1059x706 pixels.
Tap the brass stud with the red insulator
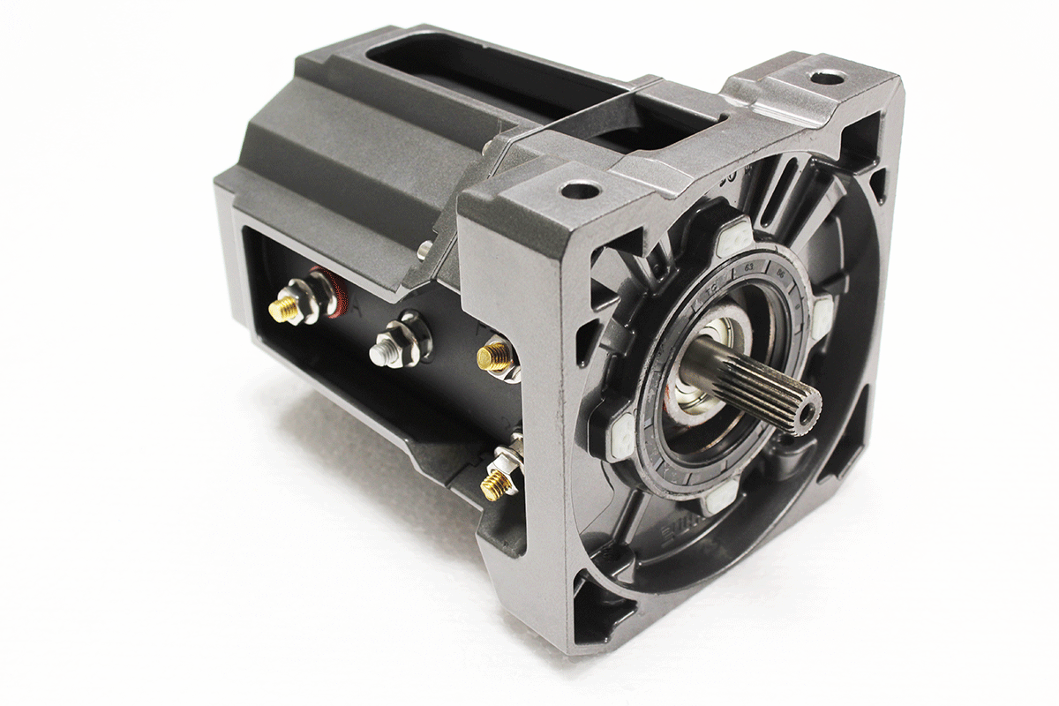[x=285, y=308]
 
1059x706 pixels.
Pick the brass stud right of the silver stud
[x=492, y=357]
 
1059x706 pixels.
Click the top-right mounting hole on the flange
[x=826, y=78]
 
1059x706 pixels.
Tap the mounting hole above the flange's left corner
[x=580, y=189]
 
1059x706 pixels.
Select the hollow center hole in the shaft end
[x=805, y=409]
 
